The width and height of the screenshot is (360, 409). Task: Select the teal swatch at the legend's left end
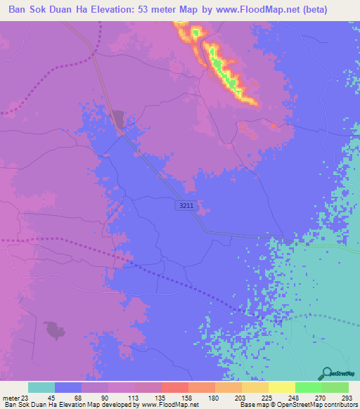click(41, 387)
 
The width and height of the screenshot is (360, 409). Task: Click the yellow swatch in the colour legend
click(282, 387)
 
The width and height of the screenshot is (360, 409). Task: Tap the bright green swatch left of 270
click(309, 387)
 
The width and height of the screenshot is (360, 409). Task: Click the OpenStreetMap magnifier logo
click(326, 375)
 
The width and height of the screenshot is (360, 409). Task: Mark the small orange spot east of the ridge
click(273, 126)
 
